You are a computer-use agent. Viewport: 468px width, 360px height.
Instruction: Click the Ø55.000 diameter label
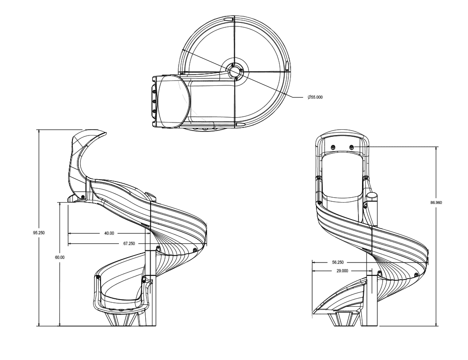314,97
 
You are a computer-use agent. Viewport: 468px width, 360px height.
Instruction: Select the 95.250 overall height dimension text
39,233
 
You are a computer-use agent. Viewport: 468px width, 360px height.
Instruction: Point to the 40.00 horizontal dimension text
109,233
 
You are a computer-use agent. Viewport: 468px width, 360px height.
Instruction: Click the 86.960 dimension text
436,203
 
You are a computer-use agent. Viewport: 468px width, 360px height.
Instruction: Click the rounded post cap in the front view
371,196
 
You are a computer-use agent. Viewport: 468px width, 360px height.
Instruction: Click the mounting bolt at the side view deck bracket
83,195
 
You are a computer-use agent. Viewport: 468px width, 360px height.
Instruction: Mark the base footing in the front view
345,319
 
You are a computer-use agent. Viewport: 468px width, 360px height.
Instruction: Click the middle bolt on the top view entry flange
154,101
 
